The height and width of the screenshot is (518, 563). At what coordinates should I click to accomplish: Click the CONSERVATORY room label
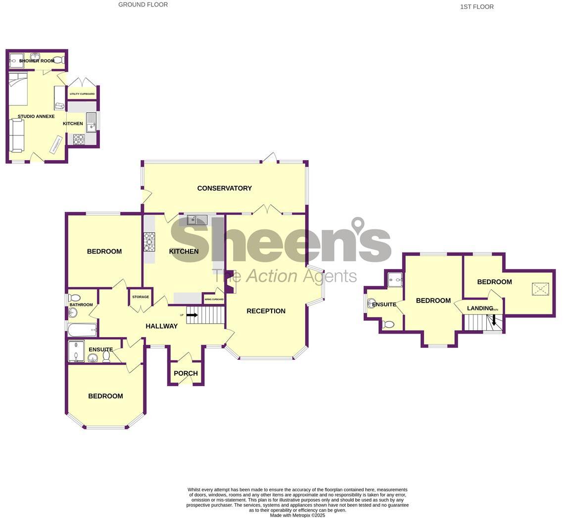pyautogui.click(x=224, y=188)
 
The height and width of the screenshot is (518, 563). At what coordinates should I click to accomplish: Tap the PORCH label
pyautogui.click(x=186, y=374)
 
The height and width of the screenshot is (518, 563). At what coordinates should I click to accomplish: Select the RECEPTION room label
pyautogui.click(x=266, y=311)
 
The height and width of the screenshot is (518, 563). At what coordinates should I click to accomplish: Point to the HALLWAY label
pyautogui.click(x=161, y=326)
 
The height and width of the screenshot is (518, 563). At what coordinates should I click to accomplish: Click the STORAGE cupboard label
pyautogui.click(x=141, y=297)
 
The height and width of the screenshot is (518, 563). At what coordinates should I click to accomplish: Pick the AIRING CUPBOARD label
pyautogui.click(x=214, y=300)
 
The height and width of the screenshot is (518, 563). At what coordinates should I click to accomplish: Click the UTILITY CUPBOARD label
pyautogui.click(x=82, y=94)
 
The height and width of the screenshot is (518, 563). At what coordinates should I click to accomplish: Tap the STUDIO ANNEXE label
pyautogui.click(x=36, y=117)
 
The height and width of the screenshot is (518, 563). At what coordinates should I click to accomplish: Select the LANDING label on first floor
pyautogui.click(x=480, y=308)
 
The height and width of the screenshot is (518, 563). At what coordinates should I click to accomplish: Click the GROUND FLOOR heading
pyautogui.click(x=143, y=4)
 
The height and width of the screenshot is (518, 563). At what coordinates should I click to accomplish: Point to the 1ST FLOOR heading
pyautogui.click(x=476, y=7)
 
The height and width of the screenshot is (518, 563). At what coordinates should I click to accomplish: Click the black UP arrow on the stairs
pyautogui.click(x=192, y=315)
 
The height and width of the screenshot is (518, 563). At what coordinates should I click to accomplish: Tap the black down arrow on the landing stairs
pyautogui.click(x=494, y=320)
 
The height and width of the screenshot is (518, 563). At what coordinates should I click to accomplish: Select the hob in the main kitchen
pyautogui.click(x=149, y=242)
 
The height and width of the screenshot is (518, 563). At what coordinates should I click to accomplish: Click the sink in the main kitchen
pyautogui.click(x=197, y=219)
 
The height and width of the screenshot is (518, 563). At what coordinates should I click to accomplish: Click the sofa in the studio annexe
pyautogui.click(x=16, y=135)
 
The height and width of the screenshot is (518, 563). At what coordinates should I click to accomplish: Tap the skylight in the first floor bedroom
pyautogui.click(x=540, y=289)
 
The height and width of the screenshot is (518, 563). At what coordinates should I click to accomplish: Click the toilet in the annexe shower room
pyautogui.click(x=58, y=60)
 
